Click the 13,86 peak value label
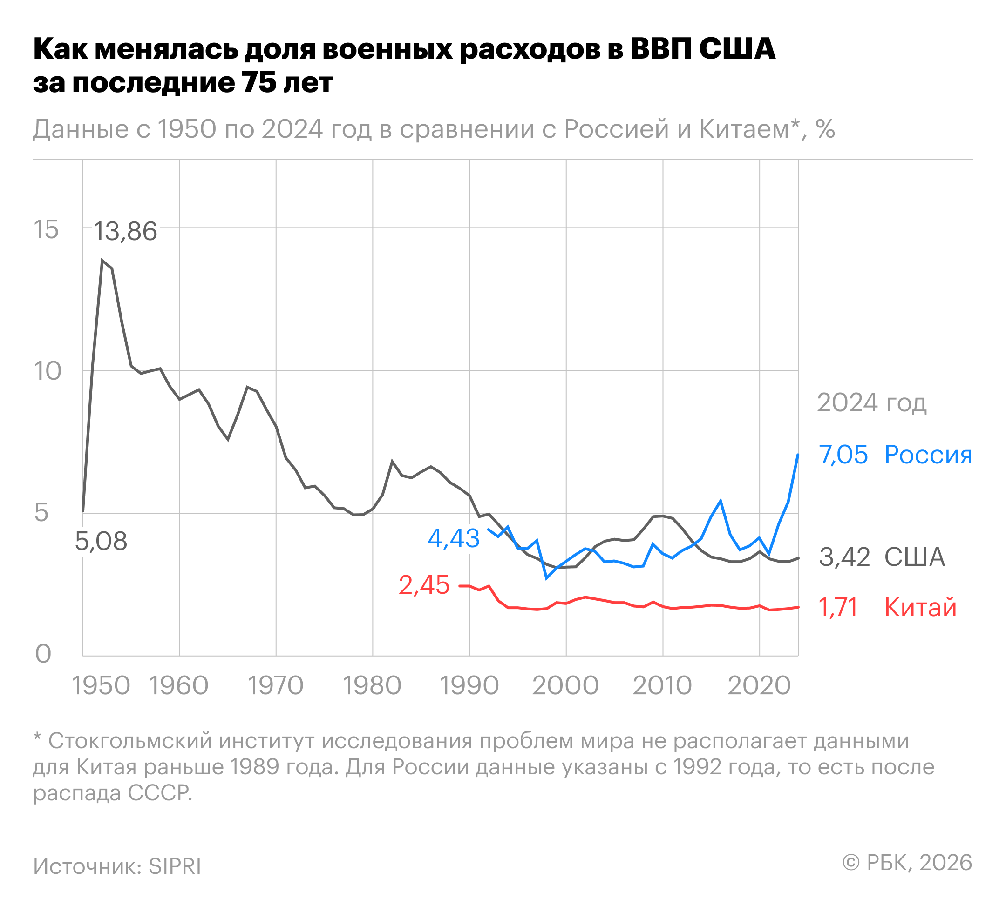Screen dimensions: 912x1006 click(125, 232)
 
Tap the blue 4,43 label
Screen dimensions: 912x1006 click(454, 538)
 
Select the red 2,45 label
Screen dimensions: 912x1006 click(424, 585)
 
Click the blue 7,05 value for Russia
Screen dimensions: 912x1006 click(843, 455)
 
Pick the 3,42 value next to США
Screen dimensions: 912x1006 click(844, 557)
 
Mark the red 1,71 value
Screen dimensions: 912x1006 click(838, 607)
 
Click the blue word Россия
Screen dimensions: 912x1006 click(928, 455)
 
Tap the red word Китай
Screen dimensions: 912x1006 click(920, 607)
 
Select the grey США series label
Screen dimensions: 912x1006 click(914, 557)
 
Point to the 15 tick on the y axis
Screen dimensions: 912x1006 click(46, 230)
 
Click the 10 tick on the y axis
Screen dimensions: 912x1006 click(48, 371)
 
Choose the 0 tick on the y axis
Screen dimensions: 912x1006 click(43, 654)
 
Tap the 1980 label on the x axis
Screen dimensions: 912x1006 click(372, 685)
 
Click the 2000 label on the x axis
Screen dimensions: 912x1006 click(565, 685)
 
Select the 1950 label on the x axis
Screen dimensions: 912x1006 click(102, 685)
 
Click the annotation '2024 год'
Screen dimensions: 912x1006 click(871, 402)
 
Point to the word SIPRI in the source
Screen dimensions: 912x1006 click(175, 866)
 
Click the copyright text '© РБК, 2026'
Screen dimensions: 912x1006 click(907, 863)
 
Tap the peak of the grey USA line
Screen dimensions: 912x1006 click(102, 260)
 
